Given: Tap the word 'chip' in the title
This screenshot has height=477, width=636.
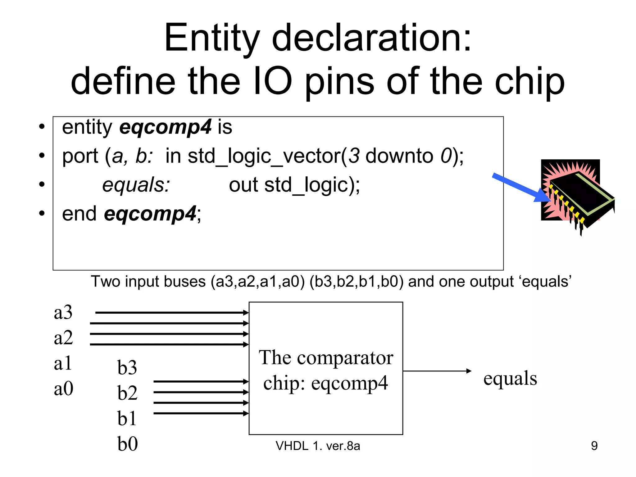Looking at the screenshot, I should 529,82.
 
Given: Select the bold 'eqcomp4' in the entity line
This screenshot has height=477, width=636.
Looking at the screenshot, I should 166,127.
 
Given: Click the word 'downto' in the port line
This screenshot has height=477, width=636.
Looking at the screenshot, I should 399,156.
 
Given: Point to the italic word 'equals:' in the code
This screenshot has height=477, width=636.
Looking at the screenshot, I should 136,185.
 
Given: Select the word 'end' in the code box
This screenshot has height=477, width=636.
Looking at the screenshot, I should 79,214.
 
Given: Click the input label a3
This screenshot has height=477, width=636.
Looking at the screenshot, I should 63,312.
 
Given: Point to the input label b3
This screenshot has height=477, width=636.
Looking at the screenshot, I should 127,367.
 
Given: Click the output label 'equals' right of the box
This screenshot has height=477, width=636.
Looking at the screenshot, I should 510,378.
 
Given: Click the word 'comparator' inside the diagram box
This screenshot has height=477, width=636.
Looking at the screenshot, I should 345,358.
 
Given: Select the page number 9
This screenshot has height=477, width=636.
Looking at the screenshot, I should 594,446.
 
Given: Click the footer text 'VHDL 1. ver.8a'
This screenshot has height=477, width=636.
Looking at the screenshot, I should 318,446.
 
